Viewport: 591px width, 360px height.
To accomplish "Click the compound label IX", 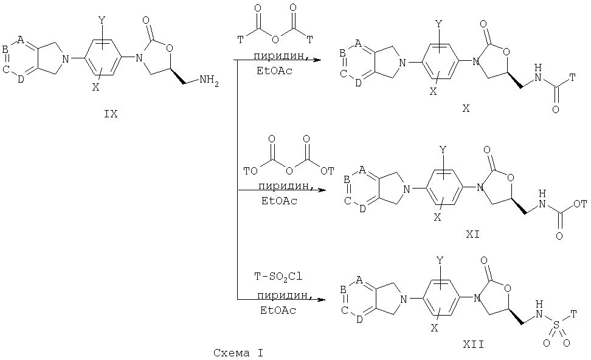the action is coord(111,114).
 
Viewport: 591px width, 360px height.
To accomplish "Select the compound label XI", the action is coord(472,235).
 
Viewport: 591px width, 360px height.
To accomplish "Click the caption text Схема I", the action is coord(238,353).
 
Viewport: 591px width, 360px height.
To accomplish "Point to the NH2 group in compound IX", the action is coord(209,80).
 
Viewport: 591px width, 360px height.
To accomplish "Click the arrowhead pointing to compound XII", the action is coord(321,300).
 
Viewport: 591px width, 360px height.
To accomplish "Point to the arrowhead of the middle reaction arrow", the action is coord(321,190).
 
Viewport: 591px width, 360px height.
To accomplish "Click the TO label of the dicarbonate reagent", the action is coord(251,171).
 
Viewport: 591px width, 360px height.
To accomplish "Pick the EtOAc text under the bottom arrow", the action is coord(278,311).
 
